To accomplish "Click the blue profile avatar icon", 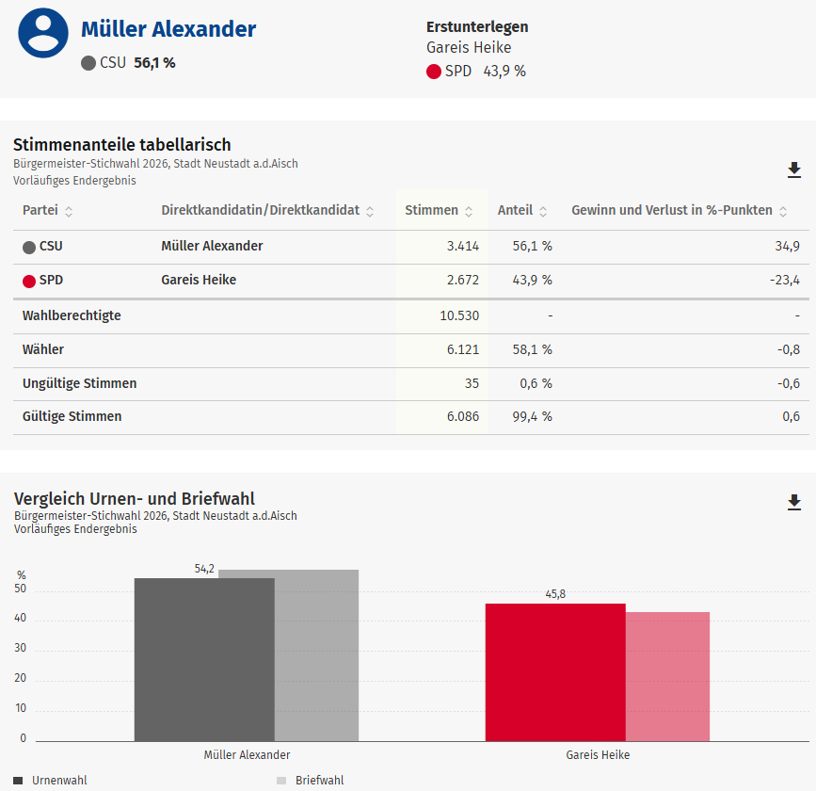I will [43, 33].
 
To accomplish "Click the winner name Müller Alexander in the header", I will [168, 29].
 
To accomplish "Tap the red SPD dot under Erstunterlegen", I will [434, 72].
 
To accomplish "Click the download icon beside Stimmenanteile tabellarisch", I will [794, 169].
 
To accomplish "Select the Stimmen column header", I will [432, 210].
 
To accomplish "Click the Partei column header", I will [40, 210].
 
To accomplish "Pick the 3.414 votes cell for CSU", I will [462, 247].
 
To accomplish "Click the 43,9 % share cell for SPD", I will [532, 281].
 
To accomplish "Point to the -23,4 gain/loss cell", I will [784, 281].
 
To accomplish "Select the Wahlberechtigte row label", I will [72, 315].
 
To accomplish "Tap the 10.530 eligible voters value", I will [459, 315].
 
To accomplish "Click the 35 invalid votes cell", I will [471, 384].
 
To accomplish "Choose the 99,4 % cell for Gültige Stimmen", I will [532, 416].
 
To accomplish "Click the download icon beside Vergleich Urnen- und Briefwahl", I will [794, 502].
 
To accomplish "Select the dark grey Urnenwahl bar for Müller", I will [204, 659].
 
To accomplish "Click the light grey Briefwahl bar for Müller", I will [316, 654].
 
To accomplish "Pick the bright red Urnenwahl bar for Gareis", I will [555, 671].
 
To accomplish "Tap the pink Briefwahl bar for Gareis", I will [667, 676].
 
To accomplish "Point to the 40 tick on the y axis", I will [22, 620].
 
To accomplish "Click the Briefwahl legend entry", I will [319, 781].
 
